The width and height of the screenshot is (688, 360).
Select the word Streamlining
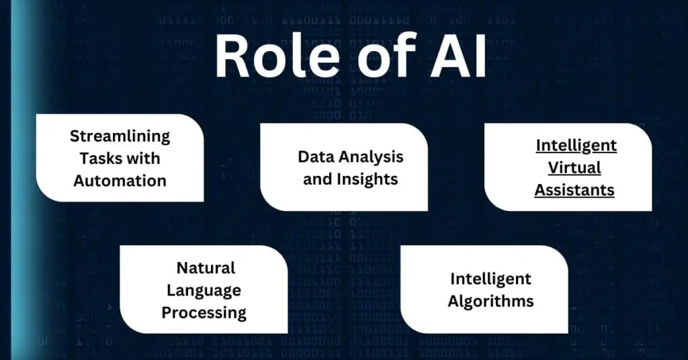click(x=120, y=136)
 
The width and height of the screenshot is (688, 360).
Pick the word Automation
click(x=120, y=181)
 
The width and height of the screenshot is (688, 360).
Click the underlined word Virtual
click(x=574, y=167)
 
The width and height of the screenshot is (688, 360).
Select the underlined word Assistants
click(x=574, y=190)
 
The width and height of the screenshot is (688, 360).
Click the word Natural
click(x=206, y=268)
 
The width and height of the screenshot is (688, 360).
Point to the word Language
click(x=204, y=290)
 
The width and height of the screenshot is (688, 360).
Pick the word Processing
click(x=204, y=313)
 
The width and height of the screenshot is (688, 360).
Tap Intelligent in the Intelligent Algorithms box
click(x=490, y=278)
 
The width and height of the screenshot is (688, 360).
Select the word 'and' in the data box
click(x=317, y=179)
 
